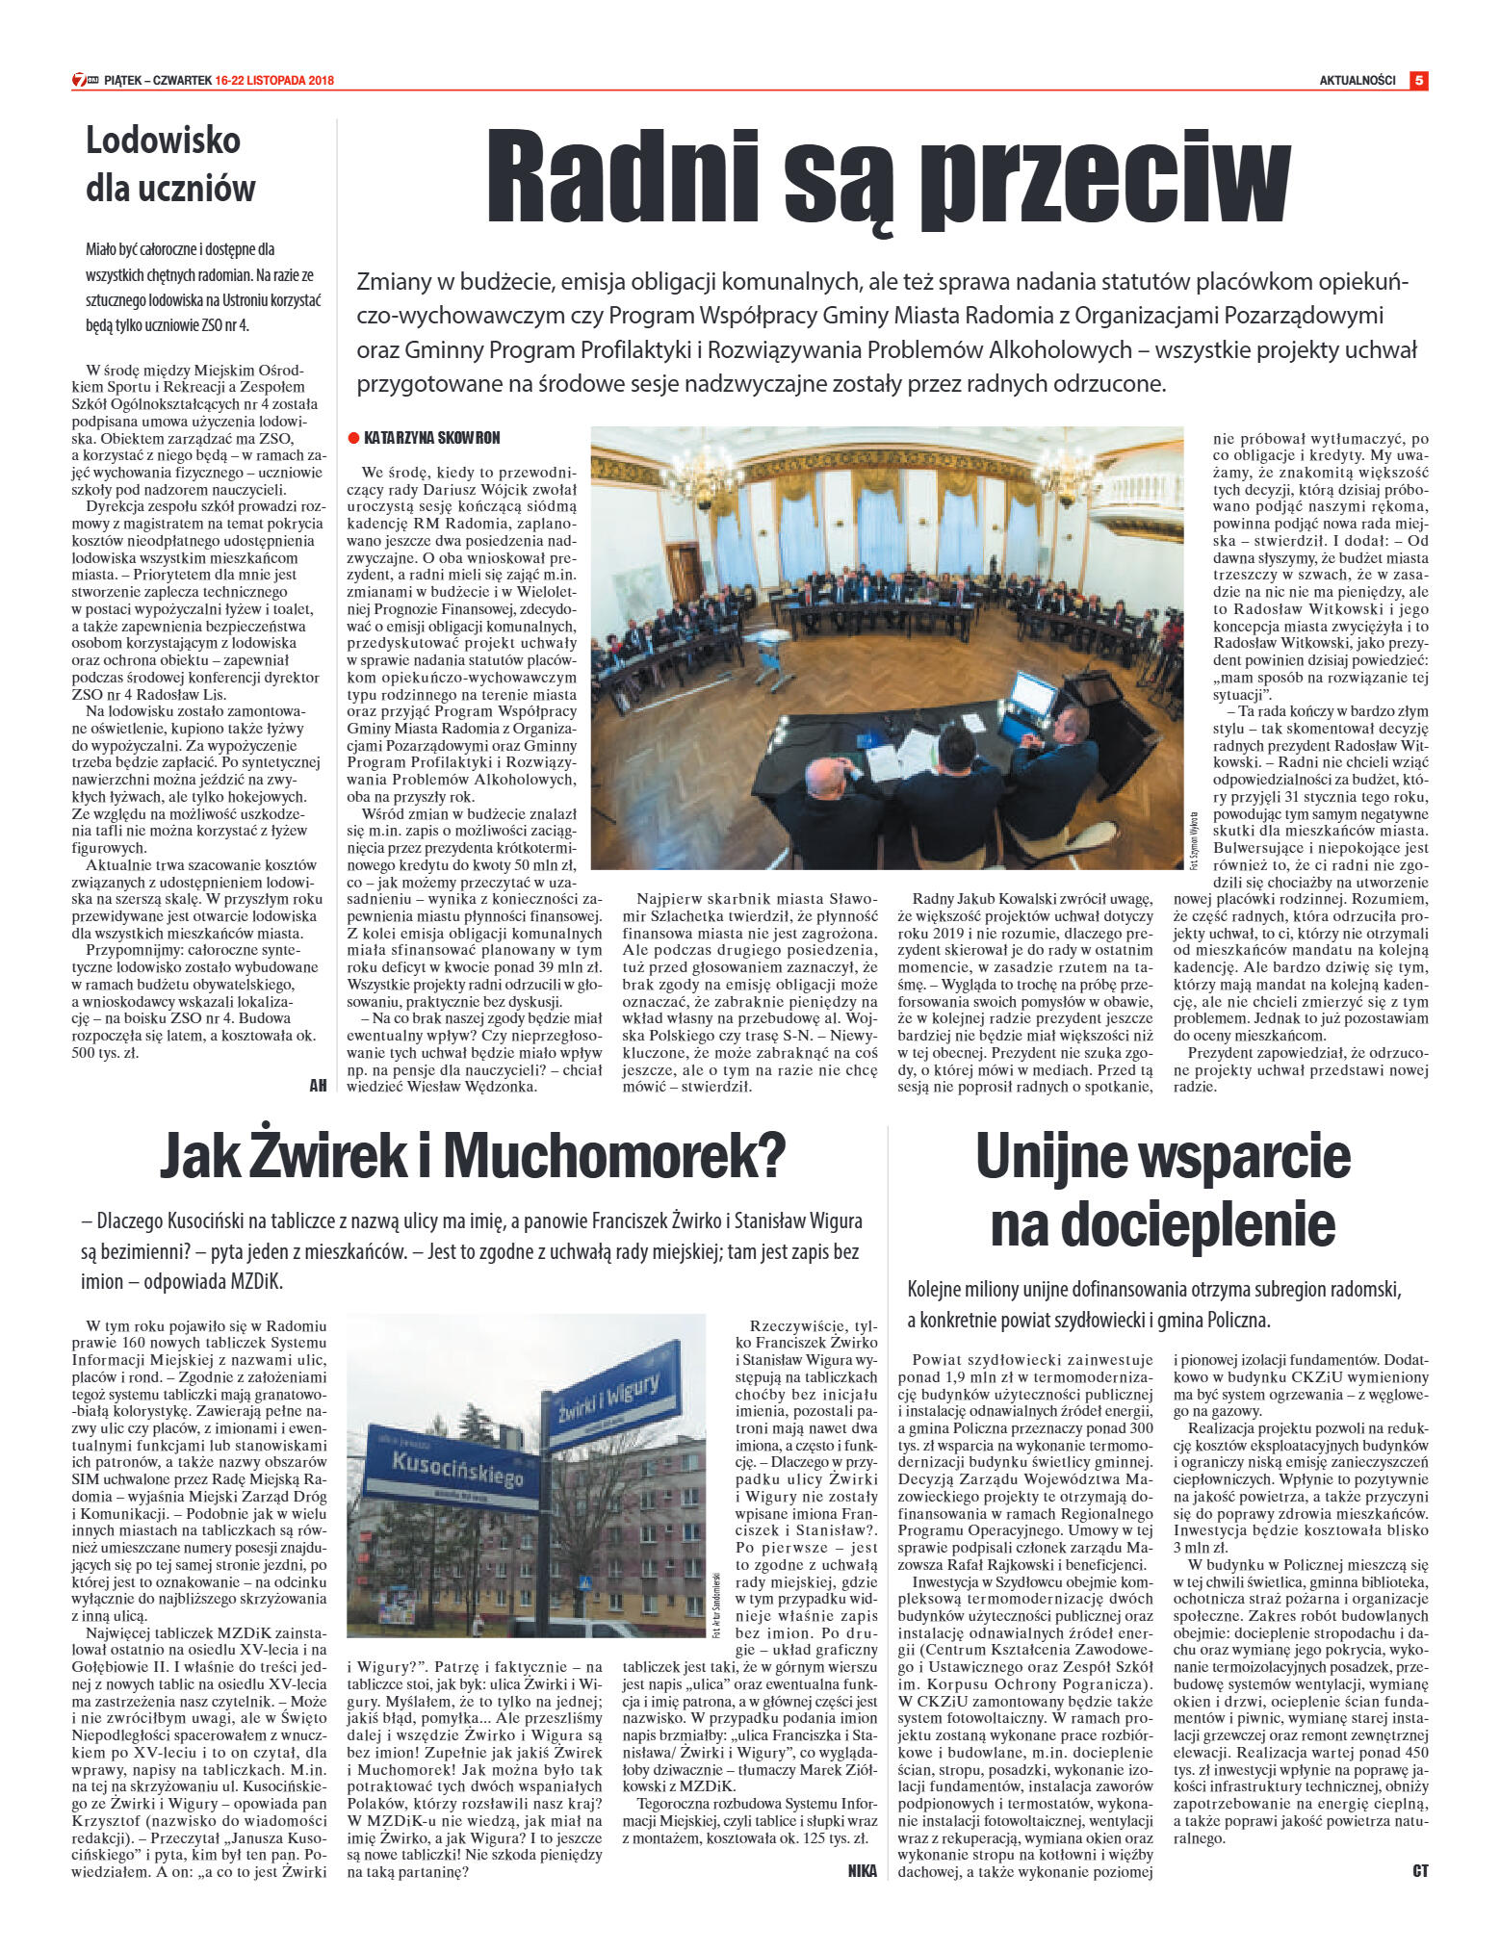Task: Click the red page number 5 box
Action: [x=1418, y=81]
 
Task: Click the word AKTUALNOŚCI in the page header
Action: [x=1357, y=81]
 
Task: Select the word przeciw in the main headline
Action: [x=1103, y=183]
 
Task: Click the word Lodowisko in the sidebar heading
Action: [x=163, y=141]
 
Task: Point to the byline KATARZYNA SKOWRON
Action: [x=432, y=438]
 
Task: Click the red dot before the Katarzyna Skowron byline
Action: [x=353, y=439]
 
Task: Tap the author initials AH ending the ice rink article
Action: [x=318, y=1085]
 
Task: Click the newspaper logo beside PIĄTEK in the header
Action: [x=86, y=81]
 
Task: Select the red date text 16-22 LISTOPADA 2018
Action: [x=274, y=81]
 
